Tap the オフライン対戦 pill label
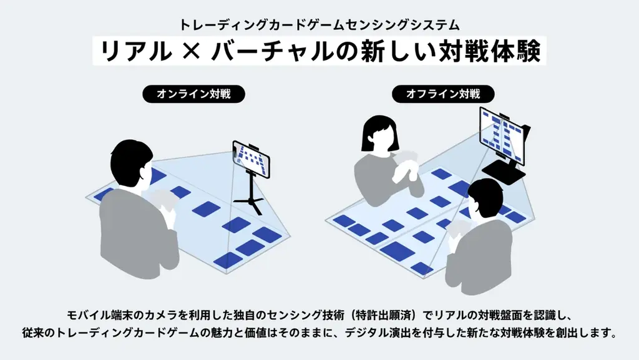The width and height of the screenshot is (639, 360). click(443, 94)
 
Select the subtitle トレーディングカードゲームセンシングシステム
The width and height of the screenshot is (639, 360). click(319, 25)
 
